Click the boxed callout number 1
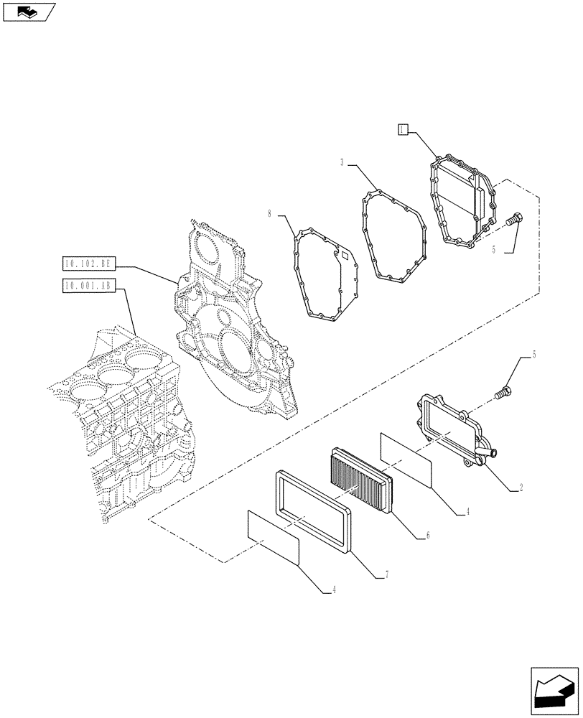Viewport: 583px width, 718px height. point(403,129)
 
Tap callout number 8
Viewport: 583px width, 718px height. point(270,214)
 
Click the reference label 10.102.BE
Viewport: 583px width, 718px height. point(88,264)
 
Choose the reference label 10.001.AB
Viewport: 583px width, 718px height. point(88,286)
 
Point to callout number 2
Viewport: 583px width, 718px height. point(521,488)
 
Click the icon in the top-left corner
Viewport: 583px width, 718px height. point(29,11)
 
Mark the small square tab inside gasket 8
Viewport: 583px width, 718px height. point(342,254)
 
